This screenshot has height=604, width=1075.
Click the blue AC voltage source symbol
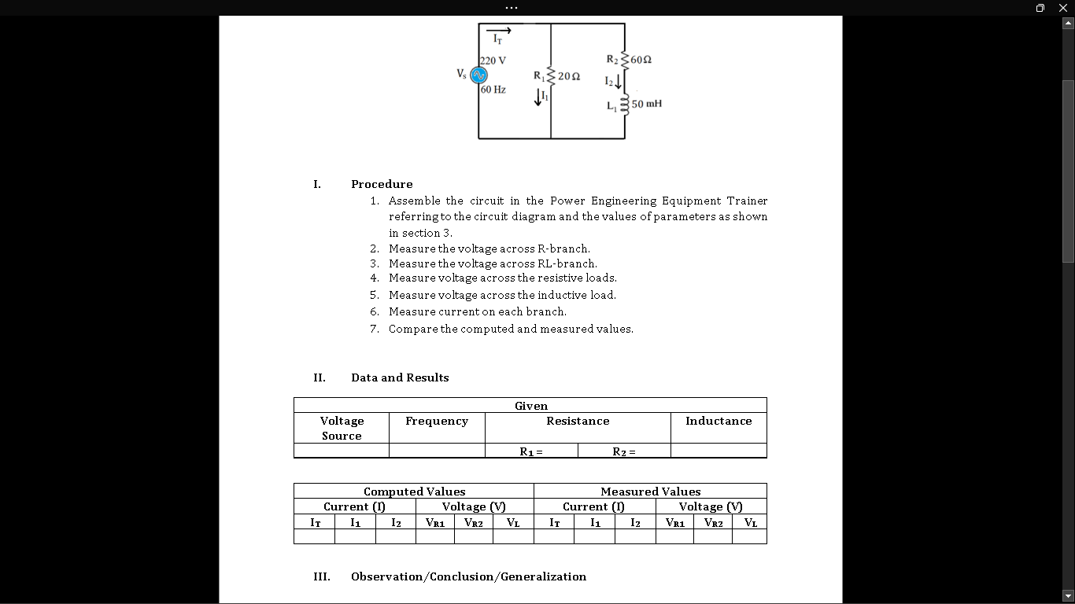click(478, 75)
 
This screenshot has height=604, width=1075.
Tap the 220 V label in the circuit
click(493, 61)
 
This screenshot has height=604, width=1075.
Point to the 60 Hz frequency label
click(493, 90)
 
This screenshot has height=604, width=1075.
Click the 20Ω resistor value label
click(570, 76)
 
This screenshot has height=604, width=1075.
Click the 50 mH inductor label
click(646, 104)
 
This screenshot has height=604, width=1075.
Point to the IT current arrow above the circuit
click(501, 31)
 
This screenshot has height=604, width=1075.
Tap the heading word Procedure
click(382, 184)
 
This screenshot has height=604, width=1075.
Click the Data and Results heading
click(400, 377)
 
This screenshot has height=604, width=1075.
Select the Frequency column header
click(437, 422)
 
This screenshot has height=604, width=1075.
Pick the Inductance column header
click(719, 422)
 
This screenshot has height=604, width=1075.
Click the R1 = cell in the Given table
click(531, 451)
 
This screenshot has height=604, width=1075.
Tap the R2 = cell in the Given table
click(624, 451)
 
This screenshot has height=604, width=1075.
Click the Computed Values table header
click(414, 492)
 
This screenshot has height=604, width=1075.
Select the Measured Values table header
click(650, 492)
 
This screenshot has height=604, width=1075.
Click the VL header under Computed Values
click(513, 522)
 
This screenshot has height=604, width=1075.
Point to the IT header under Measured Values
click(555, 522)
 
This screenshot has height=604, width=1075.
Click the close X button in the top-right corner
click(1063, 8)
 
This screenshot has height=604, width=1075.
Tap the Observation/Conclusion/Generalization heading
click(468, 576)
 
